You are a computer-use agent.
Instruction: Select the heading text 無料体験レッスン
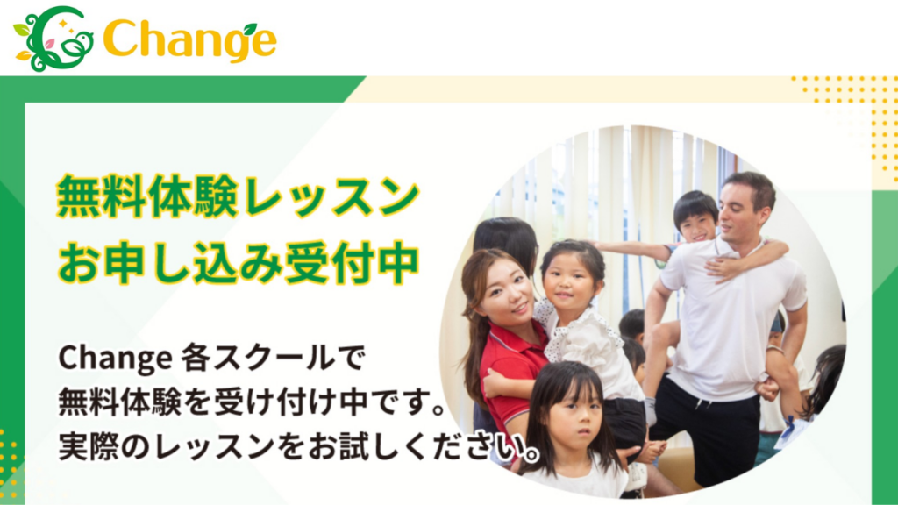(x=238, y=197)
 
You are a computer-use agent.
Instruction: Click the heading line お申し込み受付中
(x=238, y=262)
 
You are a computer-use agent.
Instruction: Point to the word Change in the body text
(x=114, y=358)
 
